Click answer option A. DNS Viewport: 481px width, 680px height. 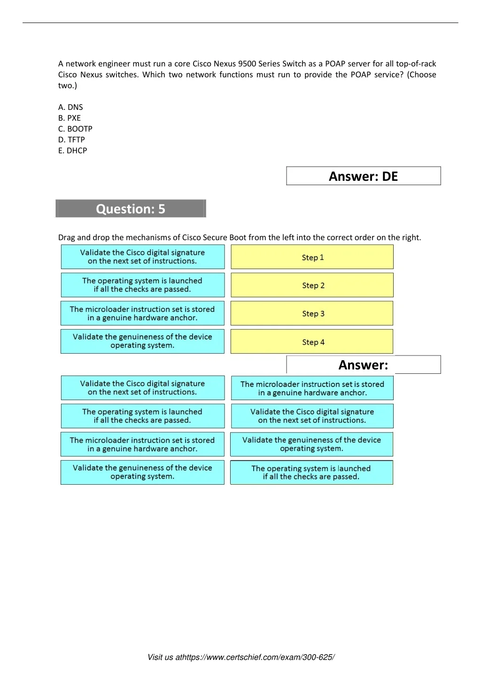point(70,107)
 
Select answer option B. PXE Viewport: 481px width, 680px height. point(70,118)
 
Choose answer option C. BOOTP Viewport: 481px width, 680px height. point(75,129)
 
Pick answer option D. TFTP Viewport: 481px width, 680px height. point(71,139)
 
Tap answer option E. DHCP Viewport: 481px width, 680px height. point(73,150)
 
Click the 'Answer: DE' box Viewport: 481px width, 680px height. point(363,176)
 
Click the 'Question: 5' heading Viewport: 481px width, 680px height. point(131,209)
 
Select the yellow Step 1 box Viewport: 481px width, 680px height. point(312,257)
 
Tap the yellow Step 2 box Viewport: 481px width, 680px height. point(312,286)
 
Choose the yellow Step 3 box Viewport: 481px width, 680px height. point(312,314)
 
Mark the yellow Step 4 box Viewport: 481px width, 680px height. point(312,342)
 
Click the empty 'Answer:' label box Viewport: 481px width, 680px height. point(363,365)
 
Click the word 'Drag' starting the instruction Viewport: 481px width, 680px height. point(66,238)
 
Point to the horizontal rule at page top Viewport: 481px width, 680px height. point(240,23)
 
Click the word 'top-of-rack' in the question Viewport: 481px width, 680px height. point(416,64)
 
